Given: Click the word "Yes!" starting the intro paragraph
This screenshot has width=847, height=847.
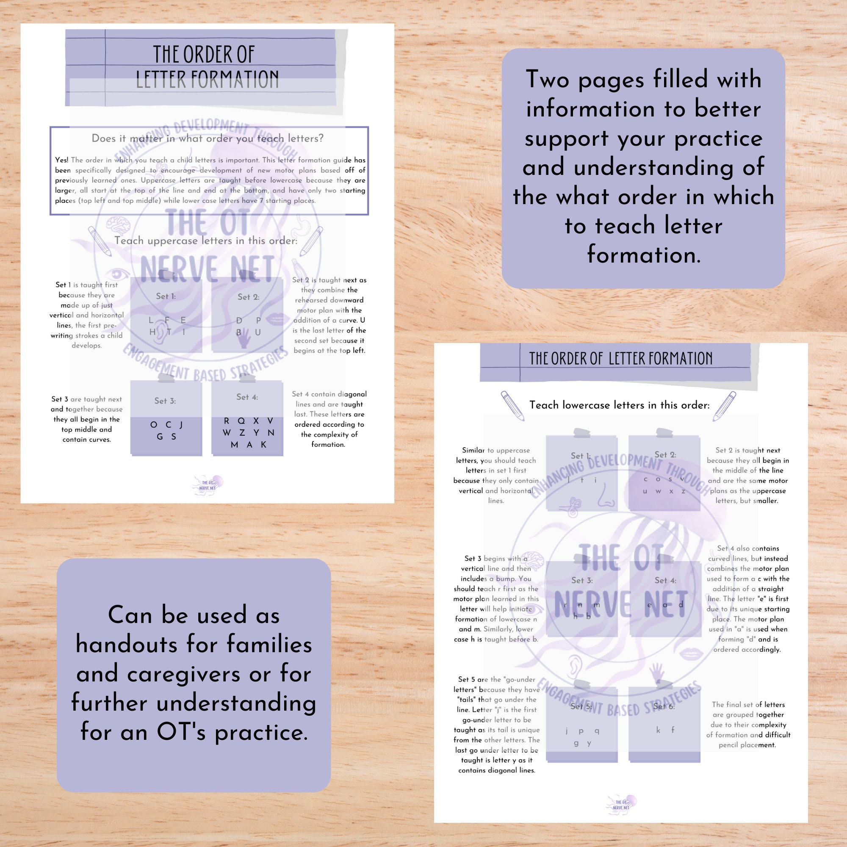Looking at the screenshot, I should [x=62, y=160].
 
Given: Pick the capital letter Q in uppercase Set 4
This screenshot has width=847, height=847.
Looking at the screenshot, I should [x=241, y=421].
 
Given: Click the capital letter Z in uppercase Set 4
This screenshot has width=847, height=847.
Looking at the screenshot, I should [x=242, y=433].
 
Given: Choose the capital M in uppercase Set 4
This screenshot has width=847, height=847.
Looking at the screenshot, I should [x=235, y=445].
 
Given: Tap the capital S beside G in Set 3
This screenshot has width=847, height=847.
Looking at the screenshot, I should [x=174, y=437].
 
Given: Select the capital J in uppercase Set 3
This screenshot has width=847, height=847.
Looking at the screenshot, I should [x=181, y=424].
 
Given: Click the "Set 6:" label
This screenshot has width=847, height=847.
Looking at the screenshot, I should [x=664, y=706].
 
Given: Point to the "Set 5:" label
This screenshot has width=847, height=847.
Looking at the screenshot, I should [x=581, y=706].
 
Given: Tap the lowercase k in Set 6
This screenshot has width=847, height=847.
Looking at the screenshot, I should [x=658, y=730].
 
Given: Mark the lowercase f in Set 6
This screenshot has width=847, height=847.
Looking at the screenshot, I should [x=673, y=730].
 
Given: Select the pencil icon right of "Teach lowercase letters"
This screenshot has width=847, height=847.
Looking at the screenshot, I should [x=724, y=406].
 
